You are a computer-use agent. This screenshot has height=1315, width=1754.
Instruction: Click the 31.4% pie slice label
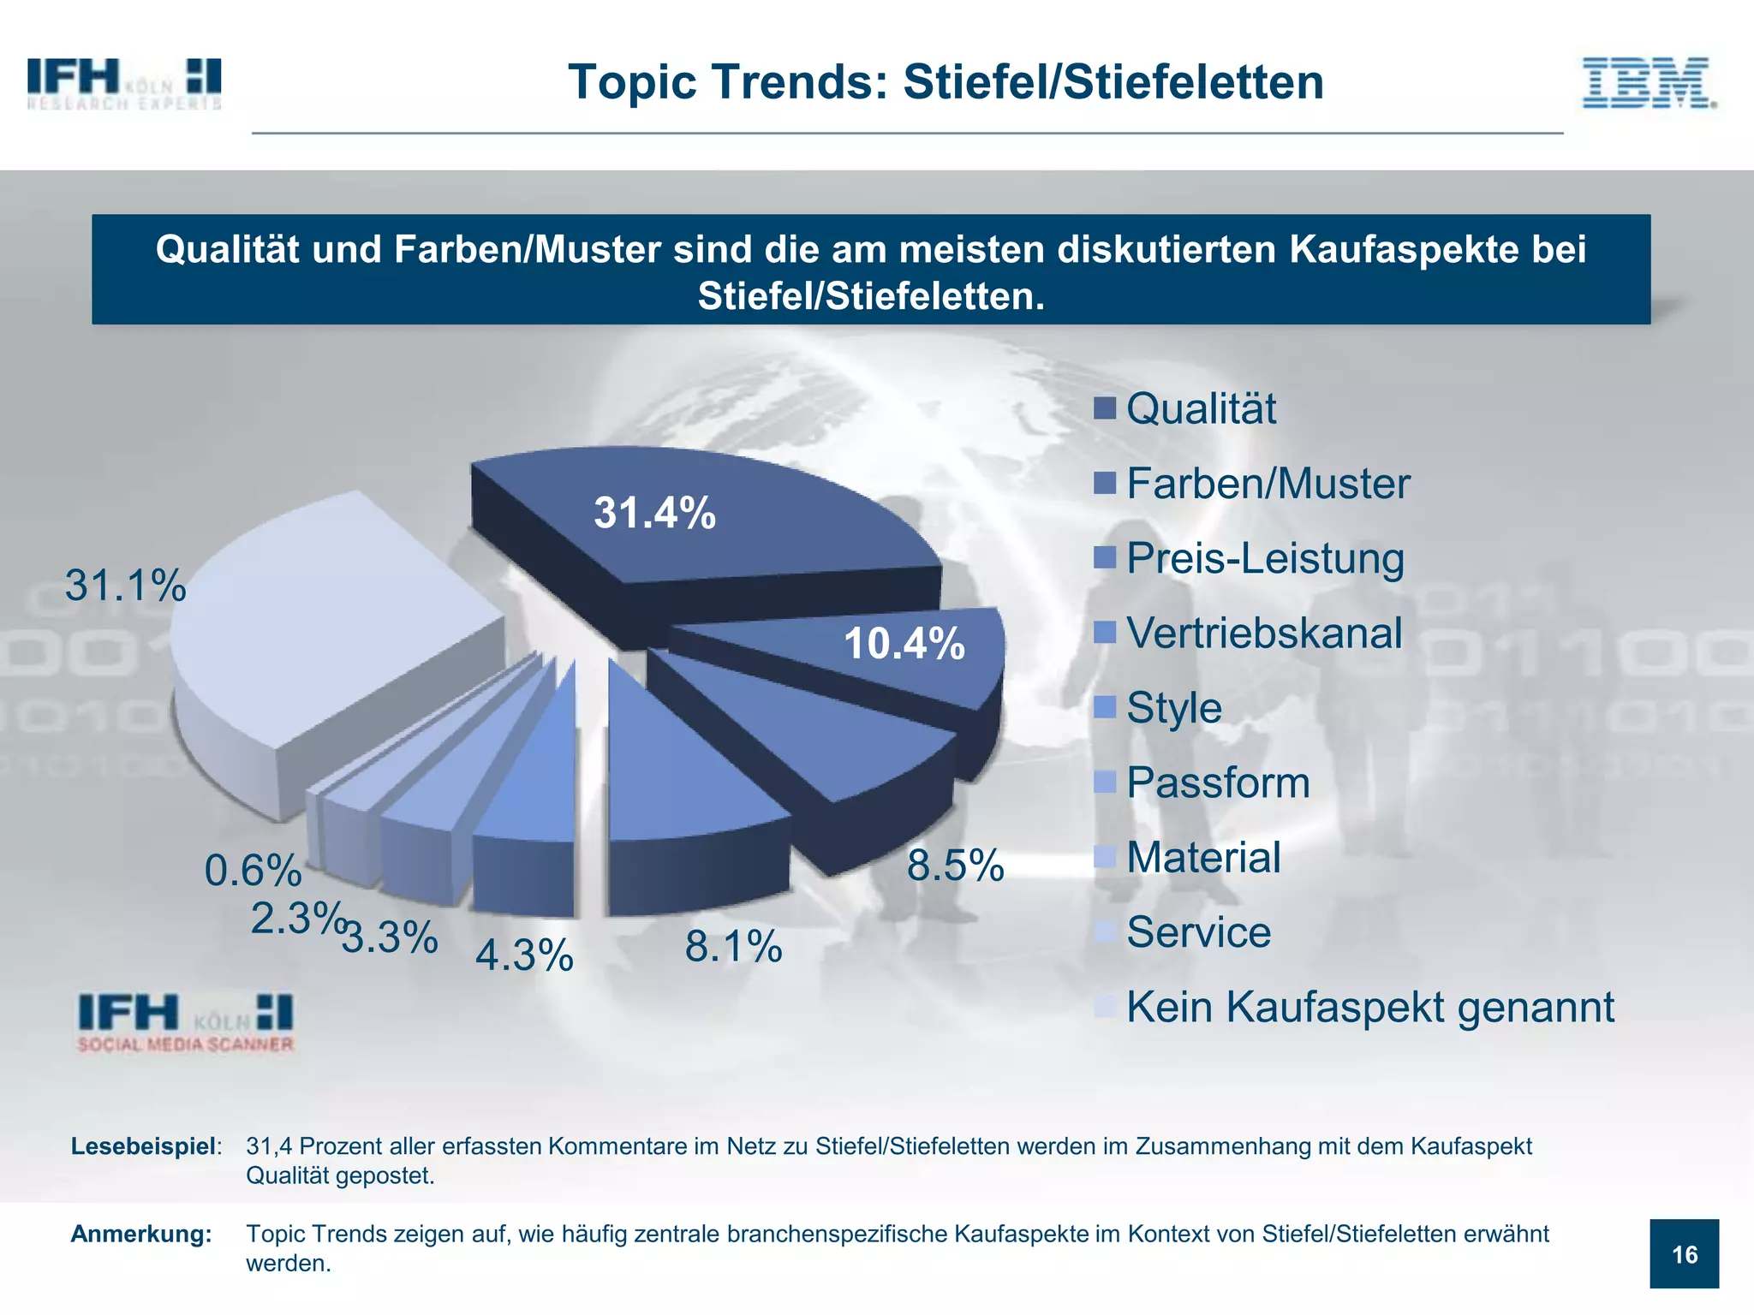[x=654, y=513]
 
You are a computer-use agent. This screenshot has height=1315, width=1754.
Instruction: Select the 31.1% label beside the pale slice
[x=125, y=586]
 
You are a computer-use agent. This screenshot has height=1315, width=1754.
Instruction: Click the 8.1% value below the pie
[x=733, y=946]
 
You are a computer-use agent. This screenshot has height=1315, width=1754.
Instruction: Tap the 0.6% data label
[x=253, y=871]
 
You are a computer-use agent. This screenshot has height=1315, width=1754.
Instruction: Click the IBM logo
[x=1649, y=83]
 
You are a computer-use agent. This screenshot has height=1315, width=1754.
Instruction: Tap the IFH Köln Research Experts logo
[x=124, y=84]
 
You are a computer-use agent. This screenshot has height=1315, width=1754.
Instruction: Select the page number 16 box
[x=1684, y=1254]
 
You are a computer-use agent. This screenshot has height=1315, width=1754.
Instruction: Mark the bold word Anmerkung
[x=141, y=1234]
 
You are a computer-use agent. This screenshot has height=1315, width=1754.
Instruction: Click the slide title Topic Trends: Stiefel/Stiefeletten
[x=946, y=82]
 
